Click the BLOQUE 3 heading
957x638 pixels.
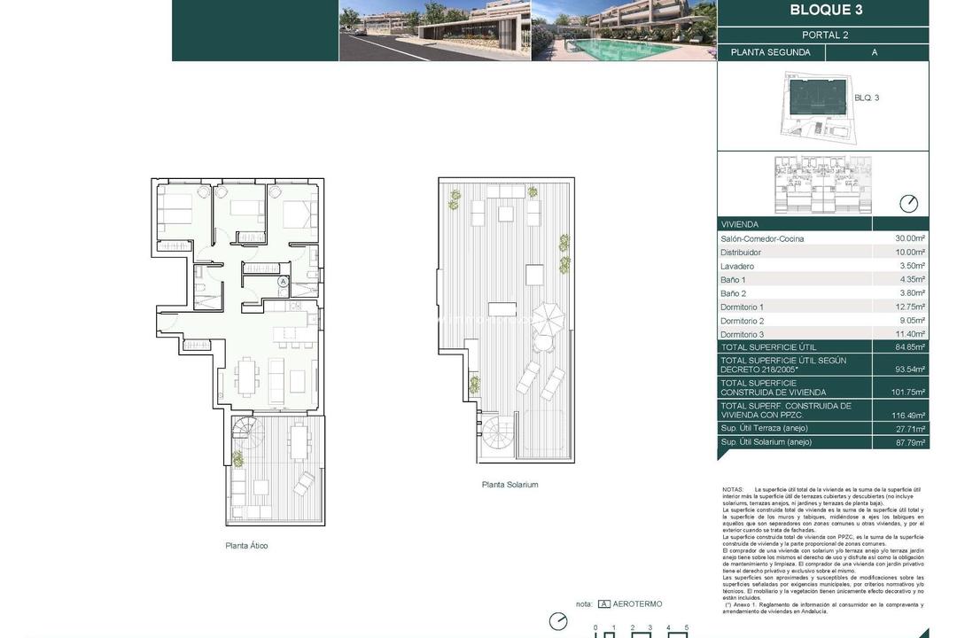click(825, 12)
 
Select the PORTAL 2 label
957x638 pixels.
click(825, 35)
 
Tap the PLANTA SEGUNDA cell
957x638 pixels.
click(770, 52)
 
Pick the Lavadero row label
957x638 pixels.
click(737, 266)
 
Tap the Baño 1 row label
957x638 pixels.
click(734, 280)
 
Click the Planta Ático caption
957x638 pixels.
click(246, 546)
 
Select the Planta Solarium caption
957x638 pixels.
click(510, 485)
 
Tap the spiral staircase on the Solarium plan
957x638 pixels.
click(498, 434)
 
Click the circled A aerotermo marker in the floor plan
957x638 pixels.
click(283, 282)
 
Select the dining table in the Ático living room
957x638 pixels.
click(245, 377)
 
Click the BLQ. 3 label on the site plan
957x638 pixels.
click(866, 97)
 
